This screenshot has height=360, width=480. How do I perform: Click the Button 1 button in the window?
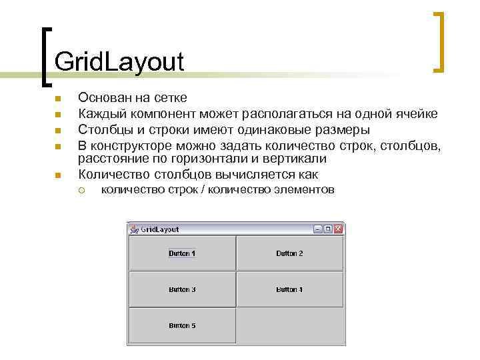182,253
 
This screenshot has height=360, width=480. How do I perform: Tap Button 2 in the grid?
290,253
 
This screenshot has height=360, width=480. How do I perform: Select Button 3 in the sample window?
182,289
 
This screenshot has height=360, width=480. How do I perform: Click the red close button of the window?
338,229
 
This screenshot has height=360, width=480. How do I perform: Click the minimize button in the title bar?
318,229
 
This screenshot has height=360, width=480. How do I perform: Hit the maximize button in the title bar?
328,229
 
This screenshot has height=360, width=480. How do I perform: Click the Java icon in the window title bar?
134,229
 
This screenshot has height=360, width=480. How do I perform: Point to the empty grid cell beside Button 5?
290,325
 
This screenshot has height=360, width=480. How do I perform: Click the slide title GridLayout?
119,62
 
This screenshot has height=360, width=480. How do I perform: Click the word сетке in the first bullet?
171,99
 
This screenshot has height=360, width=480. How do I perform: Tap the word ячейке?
416,114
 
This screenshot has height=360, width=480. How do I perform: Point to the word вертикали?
294,159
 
